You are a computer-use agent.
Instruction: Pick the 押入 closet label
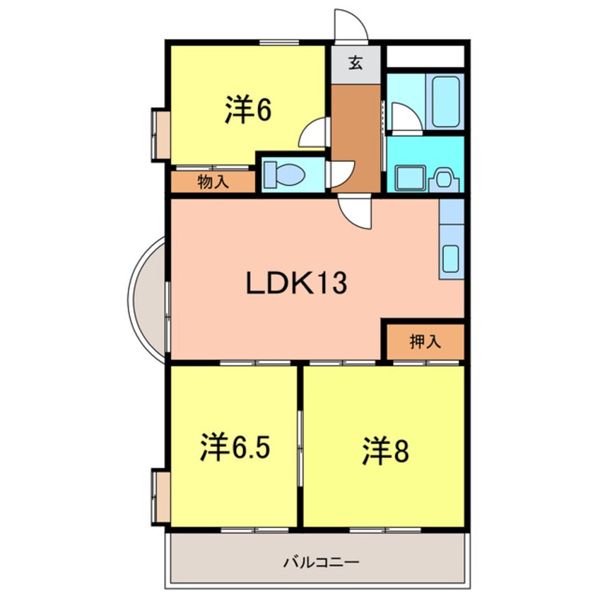coord(425,342)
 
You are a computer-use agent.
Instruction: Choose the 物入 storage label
coord(213,182)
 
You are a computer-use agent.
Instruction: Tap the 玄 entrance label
coord(356,63)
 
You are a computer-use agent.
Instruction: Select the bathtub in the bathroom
coord(446,101)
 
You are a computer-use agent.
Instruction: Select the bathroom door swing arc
coord(405,117)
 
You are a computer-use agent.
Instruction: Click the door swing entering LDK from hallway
coord(355,212)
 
